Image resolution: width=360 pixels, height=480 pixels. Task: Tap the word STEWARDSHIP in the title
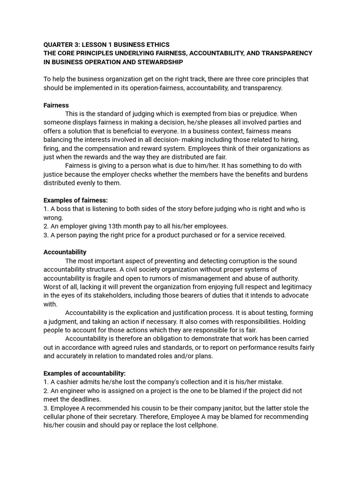pos(160,62)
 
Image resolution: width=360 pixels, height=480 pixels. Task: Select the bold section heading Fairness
pos(56,105)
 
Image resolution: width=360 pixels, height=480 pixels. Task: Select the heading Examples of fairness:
pos(75,200)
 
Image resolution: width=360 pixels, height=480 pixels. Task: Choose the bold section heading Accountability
pos(65,252)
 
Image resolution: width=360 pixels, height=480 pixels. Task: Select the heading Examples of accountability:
pos(84,374)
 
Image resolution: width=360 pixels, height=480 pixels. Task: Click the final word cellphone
pos(202,426)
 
